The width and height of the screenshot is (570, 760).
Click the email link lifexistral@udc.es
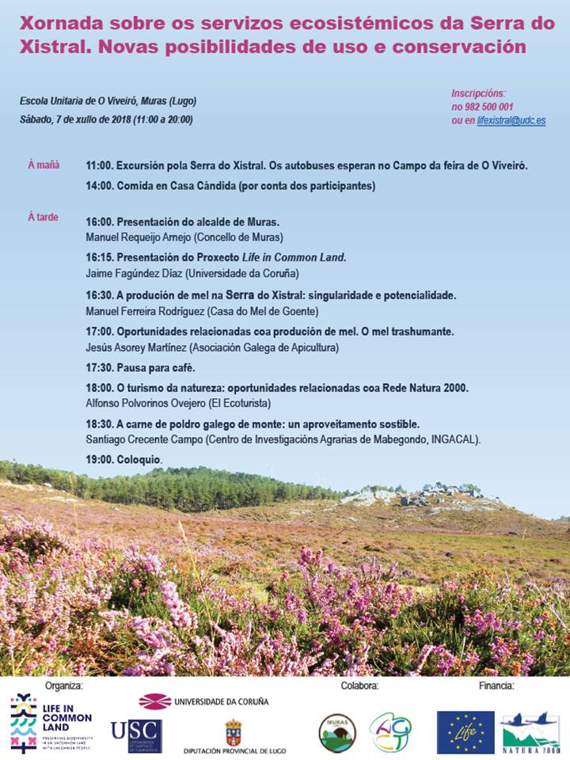(511, 120)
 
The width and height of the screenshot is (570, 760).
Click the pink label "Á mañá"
(44, 165)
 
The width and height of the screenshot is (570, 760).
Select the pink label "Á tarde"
(43, 216)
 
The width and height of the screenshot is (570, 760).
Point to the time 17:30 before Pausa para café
(100, 367)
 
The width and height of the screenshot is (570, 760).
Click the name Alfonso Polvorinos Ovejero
(142, 403)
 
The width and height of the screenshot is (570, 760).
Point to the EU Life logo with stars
(465, 731)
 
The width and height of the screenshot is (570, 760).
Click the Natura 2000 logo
(530, 731)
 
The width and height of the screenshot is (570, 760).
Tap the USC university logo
(136, 735)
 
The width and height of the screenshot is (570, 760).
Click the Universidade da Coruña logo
(203, 701)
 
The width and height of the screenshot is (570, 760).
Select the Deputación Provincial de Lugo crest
(234, 731)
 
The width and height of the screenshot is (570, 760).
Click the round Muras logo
(337, 731)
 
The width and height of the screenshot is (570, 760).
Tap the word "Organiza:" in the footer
(64, 686)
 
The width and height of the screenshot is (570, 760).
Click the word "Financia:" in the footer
(496, 686)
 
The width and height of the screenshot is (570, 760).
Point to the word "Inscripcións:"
(478, 93)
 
